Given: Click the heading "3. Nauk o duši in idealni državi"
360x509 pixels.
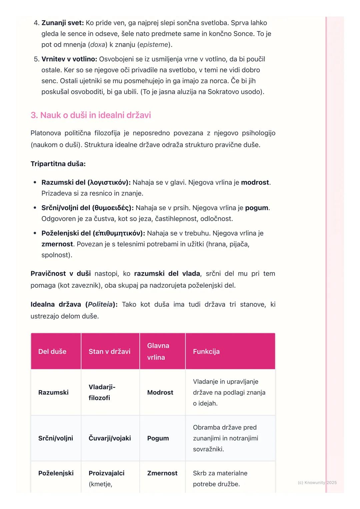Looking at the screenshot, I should (91, 115).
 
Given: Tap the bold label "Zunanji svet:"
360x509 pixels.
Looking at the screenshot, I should (63, 23).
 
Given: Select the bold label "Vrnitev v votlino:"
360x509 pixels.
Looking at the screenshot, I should (69, 59).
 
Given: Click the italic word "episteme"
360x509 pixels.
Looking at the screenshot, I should (154, 45).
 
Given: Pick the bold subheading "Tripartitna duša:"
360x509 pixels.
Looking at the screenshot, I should (58, 164).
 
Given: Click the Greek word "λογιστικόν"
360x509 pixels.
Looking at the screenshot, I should (108, 183).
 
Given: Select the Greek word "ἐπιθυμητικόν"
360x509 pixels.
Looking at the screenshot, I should (118, 233).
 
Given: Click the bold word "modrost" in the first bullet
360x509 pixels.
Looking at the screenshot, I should (255, 183).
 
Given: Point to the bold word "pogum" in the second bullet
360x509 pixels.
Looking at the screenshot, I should (257, 208).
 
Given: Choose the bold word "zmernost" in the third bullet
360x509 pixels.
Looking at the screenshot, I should (57, 244).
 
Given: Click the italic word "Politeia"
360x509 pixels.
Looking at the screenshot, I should (100, 304).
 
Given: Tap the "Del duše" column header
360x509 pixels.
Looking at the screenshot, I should (52, 351).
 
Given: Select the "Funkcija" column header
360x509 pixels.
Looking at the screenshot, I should (206, 351).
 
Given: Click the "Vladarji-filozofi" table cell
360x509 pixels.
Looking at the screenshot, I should (102, 392).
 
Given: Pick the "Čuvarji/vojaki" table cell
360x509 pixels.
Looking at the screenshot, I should (110, 438).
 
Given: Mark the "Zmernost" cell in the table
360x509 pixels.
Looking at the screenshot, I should (162, 473).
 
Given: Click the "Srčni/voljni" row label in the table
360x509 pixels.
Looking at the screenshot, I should (56, 438).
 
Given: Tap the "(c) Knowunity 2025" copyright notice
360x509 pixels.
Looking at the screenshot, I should (317, 483).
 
